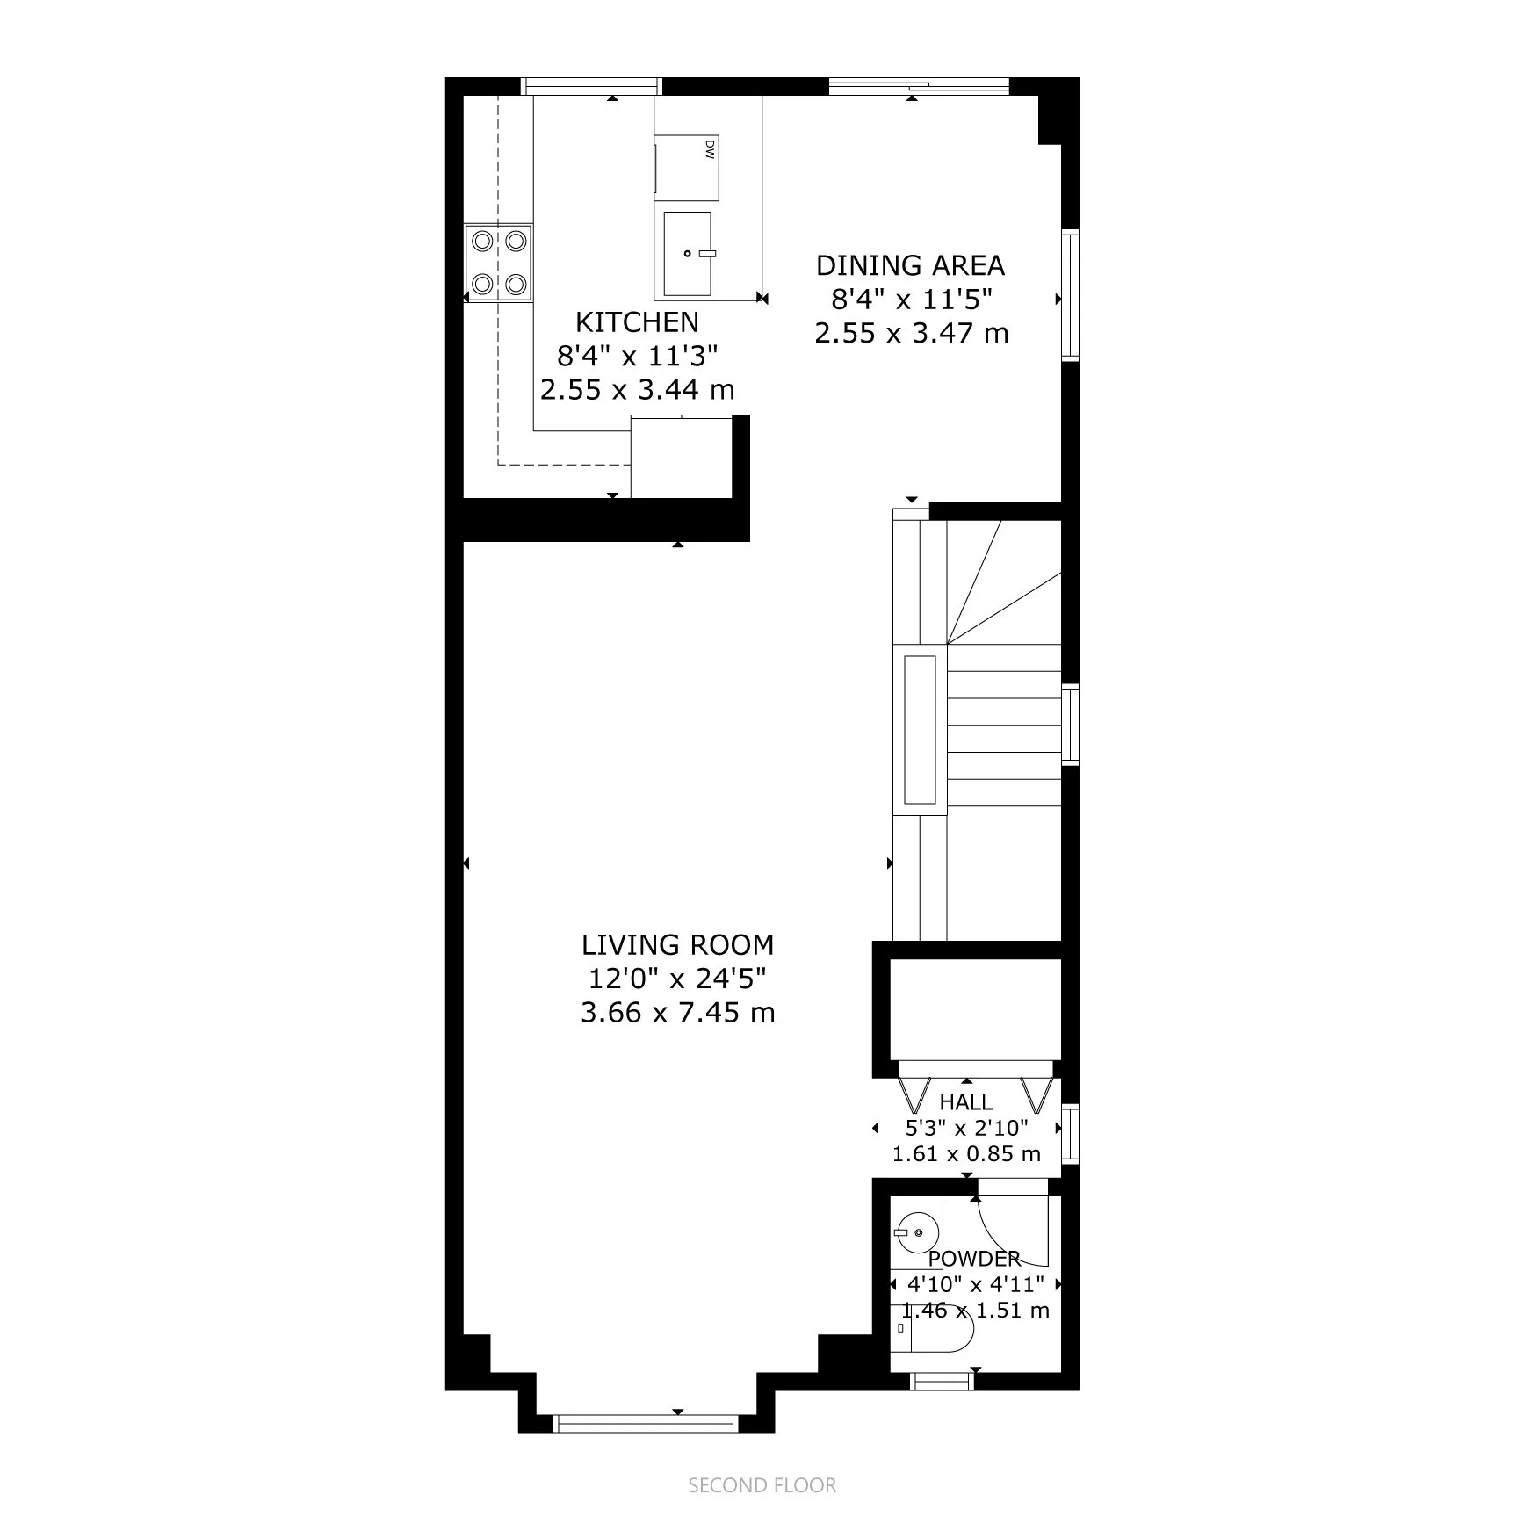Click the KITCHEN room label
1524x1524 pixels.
(637, 322)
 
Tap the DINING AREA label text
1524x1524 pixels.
(911, 265)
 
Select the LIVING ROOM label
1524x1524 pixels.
(678, 945)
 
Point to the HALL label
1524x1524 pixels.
(966, 1102)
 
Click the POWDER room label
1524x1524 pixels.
(974, 1259)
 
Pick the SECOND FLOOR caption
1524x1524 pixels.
(762, 1485)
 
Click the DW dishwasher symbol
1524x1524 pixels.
(688, 168)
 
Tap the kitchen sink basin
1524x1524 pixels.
(687, 254)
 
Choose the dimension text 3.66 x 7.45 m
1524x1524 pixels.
(678, 1013)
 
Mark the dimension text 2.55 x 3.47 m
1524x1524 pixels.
(911, 334)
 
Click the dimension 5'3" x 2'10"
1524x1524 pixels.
(966, 1128)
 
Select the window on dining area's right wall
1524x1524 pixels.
(1070, 295)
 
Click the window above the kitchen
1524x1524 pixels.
(591, 86)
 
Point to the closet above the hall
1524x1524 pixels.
(975, 1010)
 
